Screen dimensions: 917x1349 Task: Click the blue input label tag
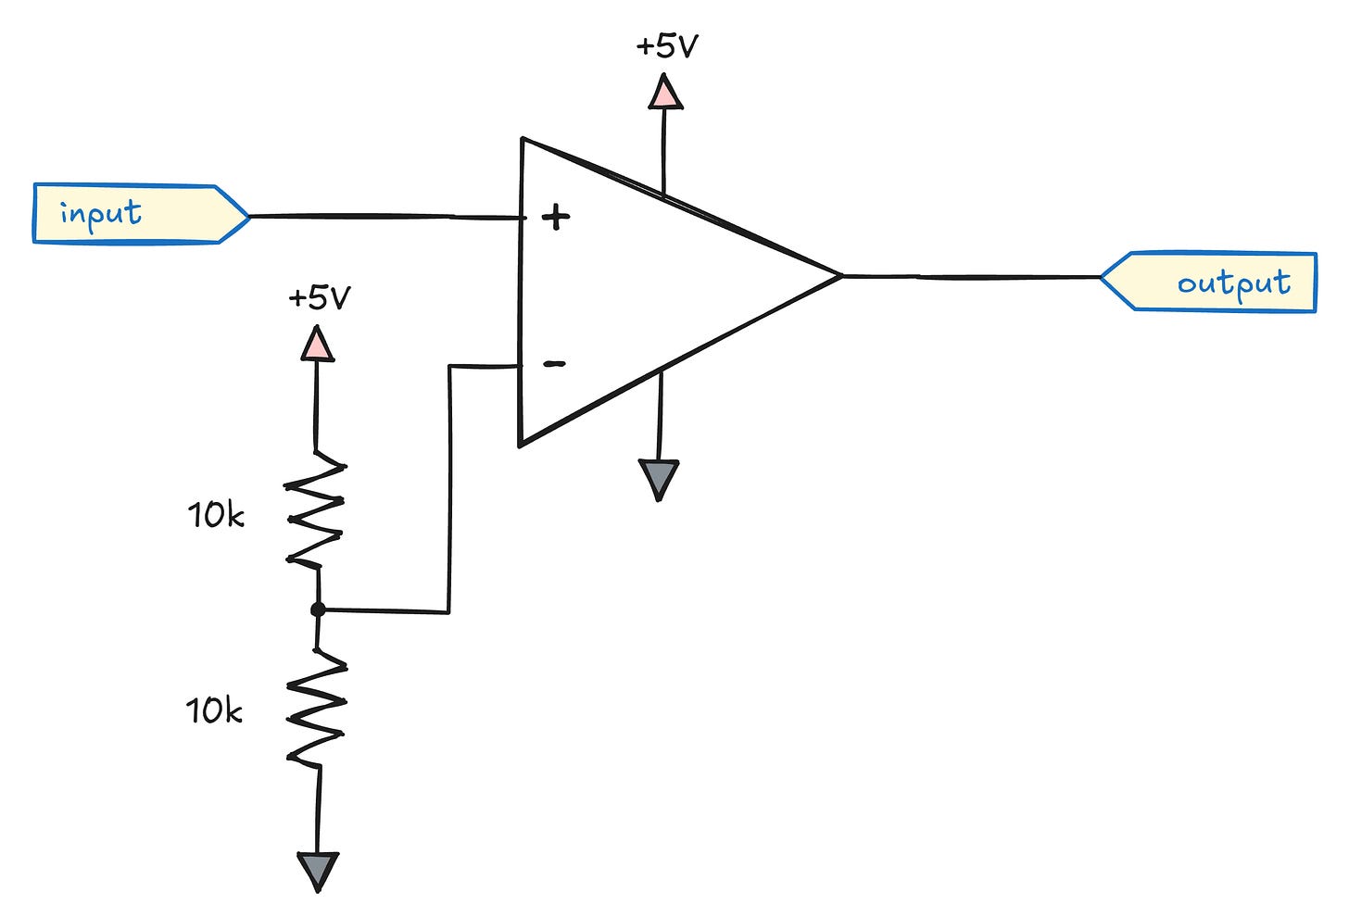coord(139,214)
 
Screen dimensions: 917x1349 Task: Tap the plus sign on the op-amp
coord(555,219)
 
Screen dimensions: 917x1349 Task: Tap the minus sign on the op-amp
coord(553,364)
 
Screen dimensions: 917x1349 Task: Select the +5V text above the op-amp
coord(666,46)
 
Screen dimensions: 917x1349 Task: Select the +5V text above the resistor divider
coord(319,298)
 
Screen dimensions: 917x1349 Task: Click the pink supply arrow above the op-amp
coord(664,93)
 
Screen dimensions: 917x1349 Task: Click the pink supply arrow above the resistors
coord(317,344)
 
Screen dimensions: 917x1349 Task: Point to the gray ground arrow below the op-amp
coord(659,479)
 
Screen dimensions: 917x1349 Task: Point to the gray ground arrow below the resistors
coord(317,871)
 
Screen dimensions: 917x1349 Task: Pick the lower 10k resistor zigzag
coord(317,709)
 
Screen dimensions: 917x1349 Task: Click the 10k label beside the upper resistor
coord(216,515)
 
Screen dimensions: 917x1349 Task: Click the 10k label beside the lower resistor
coord(214,711)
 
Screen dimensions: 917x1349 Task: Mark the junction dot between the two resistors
coord(318,609)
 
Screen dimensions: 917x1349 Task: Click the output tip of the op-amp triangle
coord(838,275)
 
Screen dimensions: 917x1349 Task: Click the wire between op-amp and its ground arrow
coord(659,417)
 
